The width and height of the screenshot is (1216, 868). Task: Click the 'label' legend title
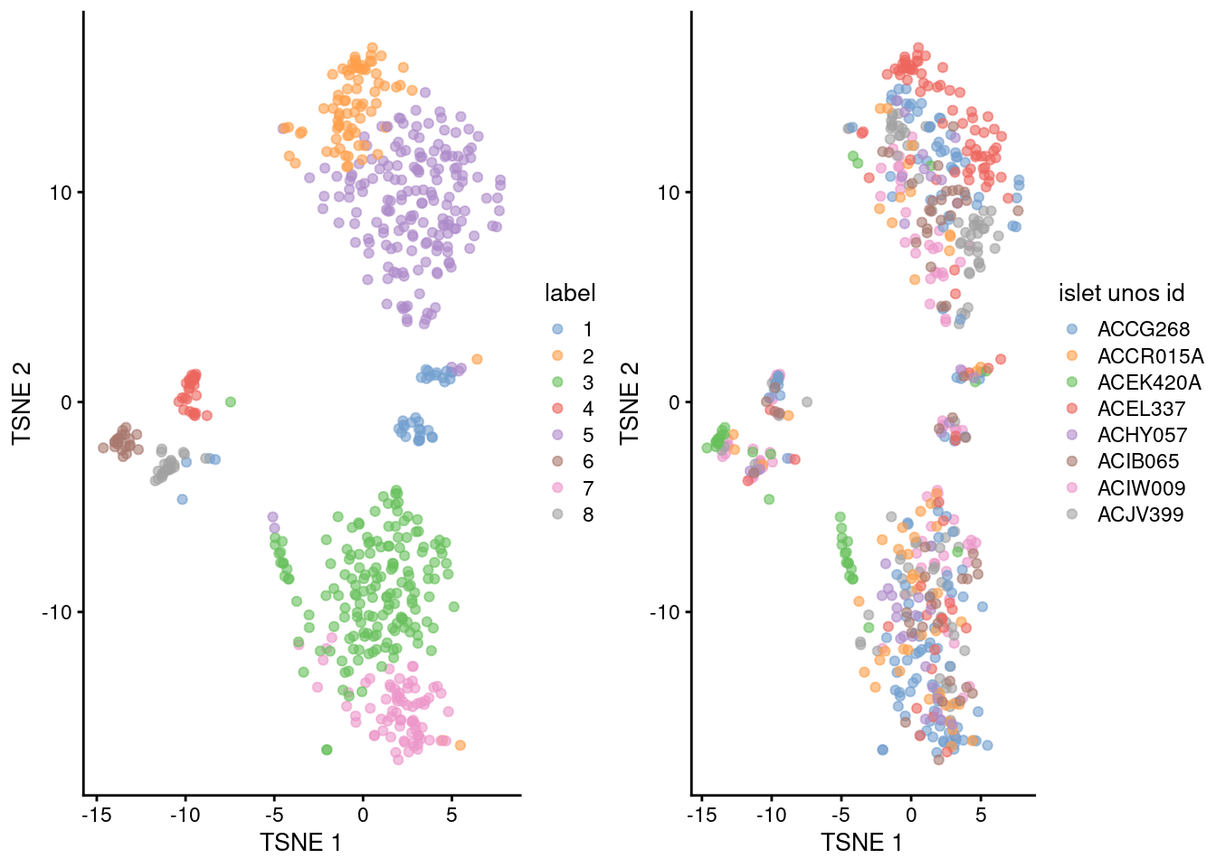569,293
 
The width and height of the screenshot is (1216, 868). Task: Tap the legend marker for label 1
557,330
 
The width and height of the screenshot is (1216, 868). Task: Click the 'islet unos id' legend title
1121,293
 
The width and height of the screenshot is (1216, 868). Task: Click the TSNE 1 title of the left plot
300,843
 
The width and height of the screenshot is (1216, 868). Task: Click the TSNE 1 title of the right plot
861,843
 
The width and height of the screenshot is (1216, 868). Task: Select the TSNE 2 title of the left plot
22,403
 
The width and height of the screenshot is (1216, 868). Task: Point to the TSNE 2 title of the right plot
629,403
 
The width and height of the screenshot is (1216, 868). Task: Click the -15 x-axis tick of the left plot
96,815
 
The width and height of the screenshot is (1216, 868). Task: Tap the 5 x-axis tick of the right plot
981,815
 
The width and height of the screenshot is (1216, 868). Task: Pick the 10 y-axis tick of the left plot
61,193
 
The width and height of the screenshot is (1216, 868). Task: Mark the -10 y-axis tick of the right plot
665,612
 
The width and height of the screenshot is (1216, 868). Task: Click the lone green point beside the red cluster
230,401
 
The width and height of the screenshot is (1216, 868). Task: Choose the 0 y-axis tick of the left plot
66,402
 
